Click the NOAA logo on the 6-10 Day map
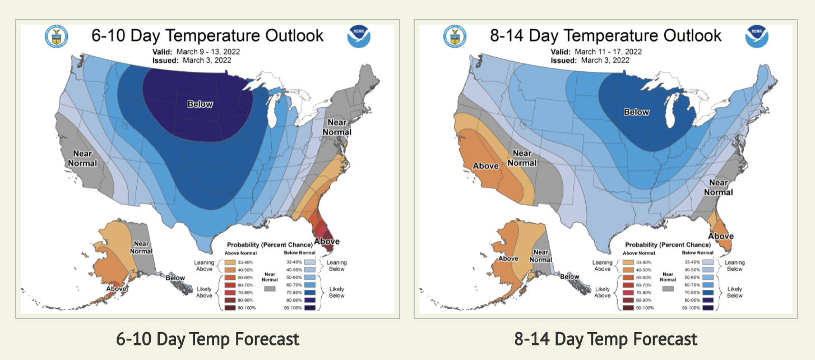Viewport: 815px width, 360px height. (359, 36)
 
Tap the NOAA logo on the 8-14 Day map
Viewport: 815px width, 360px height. (757, 36)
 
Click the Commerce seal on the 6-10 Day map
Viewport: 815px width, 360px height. (56, 36)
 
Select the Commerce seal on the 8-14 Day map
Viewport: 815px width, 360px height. (455, 36)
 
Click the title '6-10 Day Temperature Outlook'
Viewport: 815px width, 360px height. (207, 36)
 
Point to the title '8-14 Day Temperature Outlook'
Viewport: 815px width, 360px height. (606, 36)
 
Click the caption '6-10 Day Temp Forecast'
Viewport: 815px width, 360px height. (207, 339)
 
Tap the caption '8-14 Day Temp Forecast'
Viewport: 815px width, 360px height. (606, 339)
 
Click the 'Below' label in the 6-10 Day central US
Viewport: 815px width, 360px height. (200, 104)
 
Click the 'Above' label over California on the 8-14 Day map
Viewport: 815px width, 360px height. (486, 166)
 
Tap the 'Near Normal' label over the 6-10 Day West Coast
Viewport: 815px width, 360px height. (83, 158)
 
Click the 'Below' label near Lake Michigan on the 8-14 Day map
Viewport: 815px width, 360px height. (636, 112)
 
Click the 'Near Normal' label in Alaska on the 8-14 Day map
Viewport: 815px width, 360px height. (541, 256)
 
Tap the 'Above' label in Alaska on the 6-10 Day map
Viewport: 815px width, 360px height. (117, 289)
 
